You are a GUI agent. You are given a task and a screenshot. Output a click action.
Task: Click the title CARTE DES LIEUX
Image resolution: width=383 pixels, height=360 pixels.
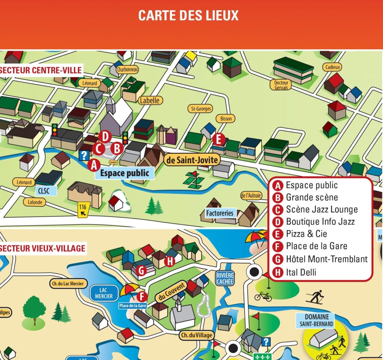click(188, 16)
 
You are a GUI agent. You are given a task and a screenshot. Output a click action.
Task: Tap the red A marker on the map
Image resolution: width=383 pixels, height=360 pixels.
click(94, 164)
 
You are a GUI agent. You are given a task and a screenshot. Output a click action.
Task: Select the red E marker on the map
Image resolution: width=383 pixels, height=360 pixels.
click(218, 140)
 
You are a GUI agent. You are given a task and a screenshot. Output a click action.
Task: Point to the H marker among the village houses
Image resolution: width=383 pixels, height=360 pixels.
click(170, 262)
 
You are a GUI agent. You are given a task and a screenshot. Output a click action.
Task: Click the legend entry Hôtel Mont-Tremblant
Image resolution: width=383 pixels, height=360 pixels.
click(327, 259)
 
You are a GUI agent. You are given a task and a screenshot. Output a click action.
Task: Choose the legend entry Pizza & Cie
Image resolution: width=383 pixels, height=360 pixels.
click(306, 234)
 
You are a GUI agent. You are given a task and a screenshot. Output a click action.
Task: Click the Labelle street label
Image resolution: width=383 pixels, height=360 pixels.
click(150, 100)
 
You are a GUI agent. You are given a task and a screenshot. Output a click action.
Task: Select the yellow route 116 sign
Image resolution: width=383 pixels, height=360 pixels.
click(83, 209)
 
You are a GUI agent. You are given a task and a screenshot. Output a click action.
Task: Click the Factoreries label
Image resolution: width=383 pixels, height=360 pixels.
click(220, 213)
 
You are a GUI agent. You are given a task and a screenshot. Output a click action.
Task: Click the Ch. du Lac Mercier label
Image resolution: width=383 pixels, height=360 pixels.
click(68, 284)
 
